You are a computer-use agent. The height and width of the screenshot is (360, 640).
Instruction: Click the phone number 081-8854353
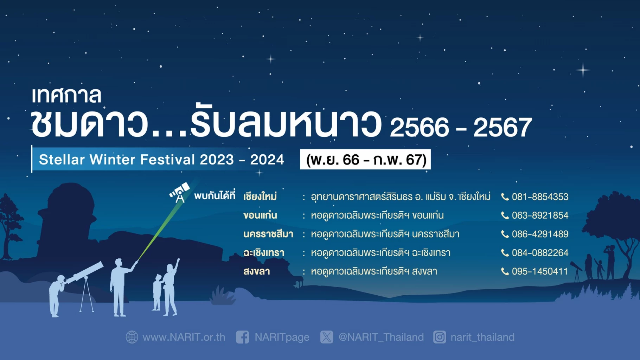(x=540, y=197)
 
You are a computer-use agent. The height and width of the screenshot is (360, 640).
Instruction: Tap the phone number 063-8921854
(x=540, y=216)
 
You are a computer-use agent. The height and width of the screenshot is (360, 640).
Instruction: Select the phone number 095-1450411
(x=540, y=271)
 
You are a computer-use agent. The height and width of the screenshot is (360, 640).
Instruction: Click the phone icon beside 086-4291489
(x=505, y=234)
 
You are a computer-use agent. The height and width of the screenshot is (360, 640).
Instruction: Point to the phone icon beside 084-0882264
(x=505, y=253)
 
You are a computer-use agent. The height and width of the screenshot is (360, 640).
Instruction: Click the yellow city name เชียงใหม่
(x=260, y=197)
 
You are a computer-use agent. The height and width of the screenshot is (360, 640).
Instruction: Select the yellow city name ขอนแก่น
(x=260, y=215)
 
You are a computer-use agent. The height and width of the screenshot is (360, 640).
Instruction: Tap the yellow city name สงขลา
(x=256, y=271)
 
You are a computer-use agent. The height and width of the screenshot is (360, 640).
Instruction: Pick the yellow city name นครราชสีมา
(x=268, y=234)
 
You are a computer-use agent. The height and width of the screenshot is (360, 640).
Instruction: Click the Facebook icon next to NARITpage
(x=243, y=337)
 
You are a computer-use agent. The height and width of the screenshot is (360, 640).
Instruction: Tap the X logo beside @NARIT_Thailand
(x=327, y=337)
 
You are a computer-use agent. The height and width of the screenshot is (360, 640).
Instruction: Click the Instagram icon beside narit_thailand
(x=440, y=337)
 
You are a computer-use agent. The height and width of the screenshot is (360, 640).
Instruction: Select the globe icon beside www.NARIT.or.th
(x=132, y=337)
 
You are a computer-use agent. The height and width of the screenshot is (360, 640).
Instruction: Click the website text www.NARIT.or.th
(x=184, y=337)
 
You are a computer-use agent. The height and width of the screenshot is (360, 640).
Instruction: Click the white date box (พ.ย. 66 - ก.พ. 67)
(x=365, y=160)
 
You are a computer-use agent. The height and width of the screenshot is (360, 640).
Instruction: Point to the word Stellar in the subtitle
(x=62, y=160)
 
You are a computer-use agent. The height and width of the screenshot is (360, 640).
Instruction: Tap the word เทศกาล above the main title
(x=66, y=96)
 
